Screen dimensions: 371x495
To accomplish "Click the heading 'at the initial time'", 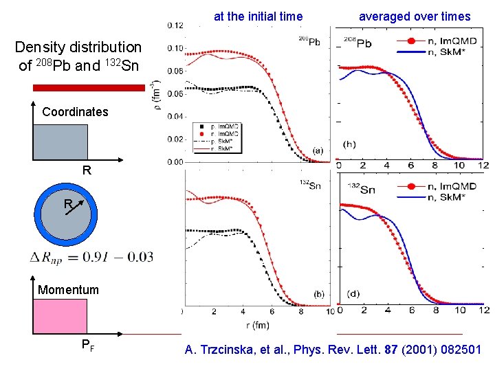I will pyautogui.click(x=258, y=16).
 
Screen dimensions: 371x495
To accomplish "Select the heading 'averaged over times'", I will pyautogui.click(x=415, y=16).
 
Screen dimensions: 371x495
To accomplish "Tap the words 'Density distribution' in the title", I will pyautogui.click(x=78, y=47).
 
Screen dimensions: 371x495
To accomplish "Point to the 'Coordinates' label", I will pyautogui.click(x=75, y=111).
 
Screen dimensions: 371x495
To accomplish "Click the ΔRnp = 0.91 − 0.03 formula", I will pyautogui.click(x=97, y=257).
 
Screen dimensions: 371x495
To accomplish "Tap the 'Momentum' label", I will pyautogui.click(x=68, y=290).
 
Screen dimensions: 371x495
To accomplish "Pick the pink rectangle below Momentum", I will pyautogui.click(x=61, y=317).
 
